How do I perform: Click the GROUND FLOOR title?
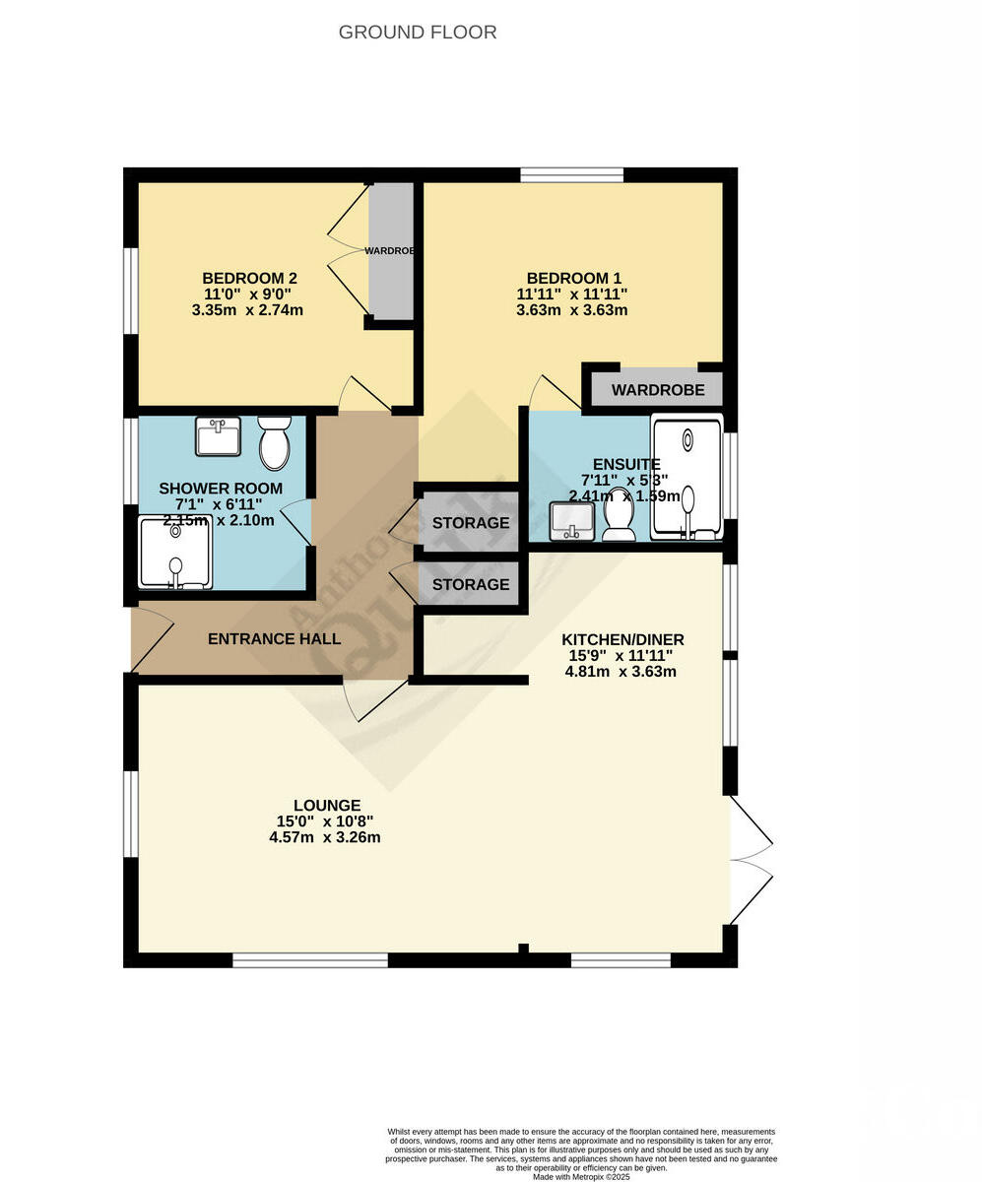pyautogui.click(x=418, y=33)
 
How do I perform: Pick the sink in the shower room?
pyautogui.click(x=218, y=436)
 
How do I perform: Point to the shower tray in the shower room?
pyautogui.click(x=174, y=553)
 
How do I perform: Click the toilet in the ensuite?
pyautogui.click(x=620, y=516)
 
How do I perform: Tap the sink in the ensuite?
pyautogui.click(x=572, y=520)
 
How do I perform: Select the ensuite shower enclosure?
pyautogui.click(x=687, y=478)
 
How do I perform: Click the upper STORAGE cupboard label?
pyautogui.click(x=471, y=523)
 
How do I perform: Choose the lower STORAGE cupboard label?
pyautogui.click(x=471, y=585)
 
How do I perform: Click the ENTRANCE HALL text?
pyautogui.click(x=274, y=639)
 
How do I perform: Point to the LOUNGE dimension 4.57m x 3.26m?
pyautogui.click(x=325, y=838)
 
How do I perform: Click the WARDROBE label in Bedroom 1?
pyautogui.click(x=658, y=390)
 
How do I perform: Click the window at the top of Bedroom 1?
pyautogui.click(x=572, y=175)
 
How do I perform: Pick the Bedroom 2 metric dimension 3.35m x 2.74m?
pyautogui.click(x=248, y=309)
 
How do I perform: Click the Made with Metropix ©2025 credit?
pyautogui.click(x=581, y=1176)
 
